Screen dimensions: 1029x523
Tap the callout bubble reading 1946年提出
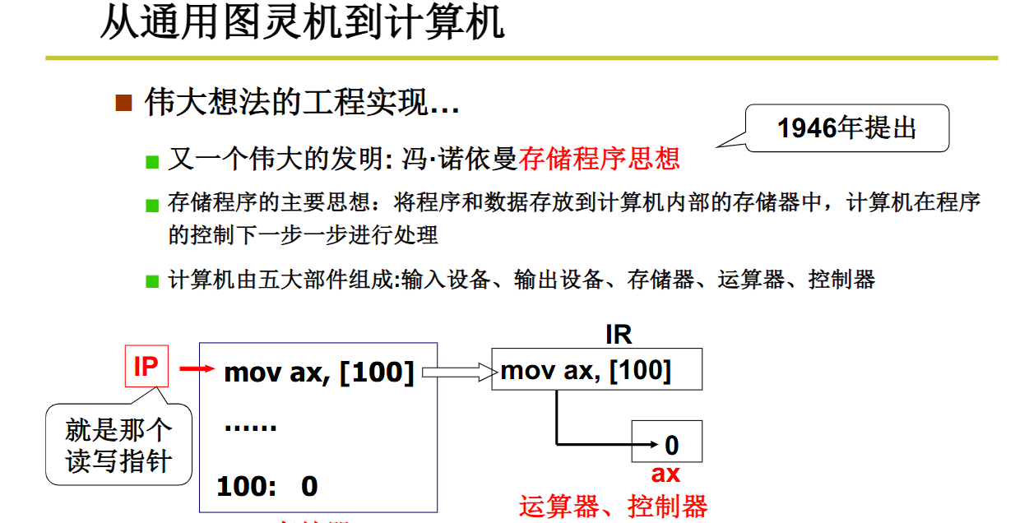point(846,128)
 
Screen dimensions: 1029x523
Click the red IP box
point(146,366)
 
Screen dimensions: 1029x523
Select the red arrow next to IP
point(197,369)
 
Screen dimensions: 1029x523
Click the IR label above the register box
point(618,335)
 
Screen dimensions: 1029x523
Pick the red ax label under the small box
point(665,474)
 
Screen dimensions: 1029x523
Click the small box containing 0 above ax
point(667,443)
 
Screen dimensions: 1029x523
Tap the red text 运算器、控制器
point(613,506)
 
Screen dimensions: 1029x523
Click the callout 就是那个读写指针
point(118,445)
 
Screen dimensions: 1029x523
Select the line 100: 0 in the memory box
point(267,486)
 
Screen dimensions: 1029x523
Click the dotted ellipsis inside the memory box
point(250,428)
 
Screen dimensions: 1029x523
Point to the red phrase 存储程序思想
point(600,158)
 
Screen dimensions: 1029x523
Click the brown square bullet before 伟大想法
point(124,103)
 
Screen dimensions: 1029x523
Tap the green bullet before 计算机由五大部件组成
point(151,281)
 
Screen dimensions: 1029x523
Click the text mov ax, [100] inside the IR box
point(586,371)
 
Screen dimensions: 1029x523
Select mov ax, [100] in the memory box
point(318,373)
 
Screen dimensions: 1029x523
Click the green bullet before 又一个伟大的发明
point(151,160)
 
